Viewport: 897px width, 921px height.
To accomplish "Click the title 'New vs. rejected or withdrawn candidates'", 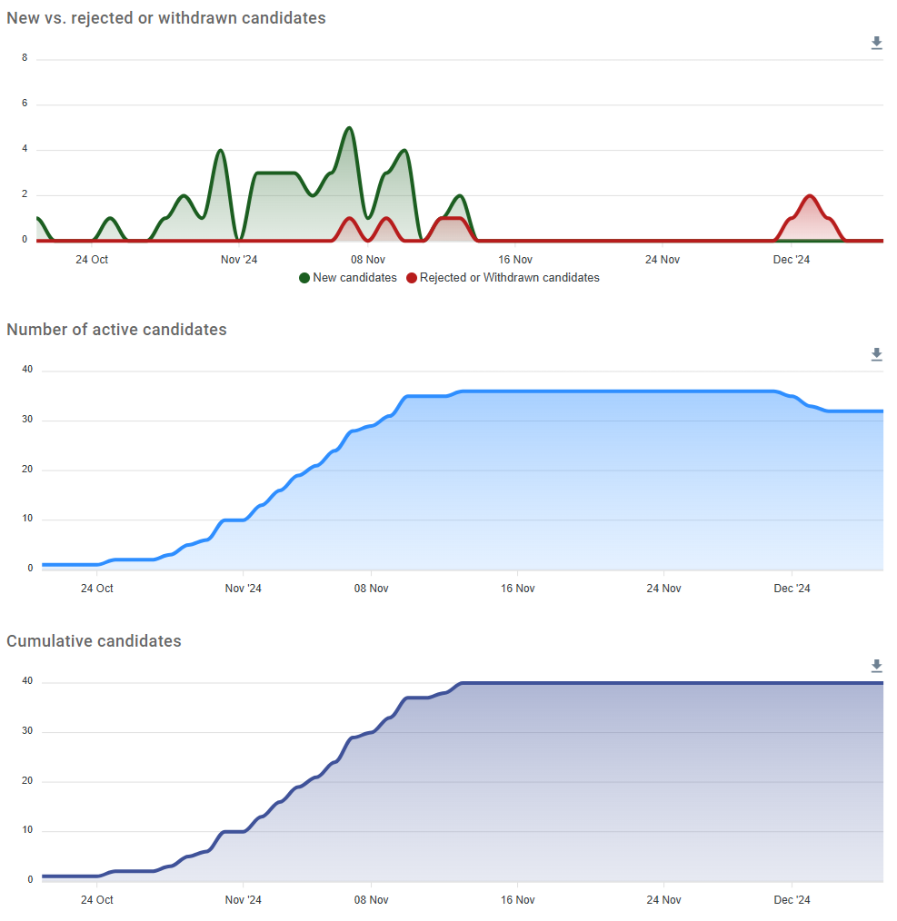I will (x=166, y=18).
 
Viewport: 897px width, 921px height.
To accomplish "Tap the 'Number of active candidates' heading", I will (x=116, y=330).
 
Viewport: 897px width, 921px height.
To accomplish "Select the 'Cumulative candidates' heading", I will (x=94, y=641).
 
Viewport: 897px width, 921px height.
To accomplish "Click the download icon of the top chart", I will (x=876, y=43).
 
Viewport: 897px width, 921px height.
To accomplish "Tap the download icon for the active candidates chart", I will (x=876, y=354).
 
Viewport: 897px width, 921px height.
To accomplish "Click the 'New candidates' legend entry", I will (x=348, y=278).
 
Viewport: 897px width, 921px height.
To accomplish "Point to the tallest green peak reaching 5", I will (x=349, y=128).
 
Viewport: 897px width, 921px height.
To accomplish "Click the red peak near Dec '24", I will (x=809, y=196).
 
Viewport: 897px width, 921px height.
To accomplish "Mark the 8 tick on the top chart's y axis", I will (x=25, y=58).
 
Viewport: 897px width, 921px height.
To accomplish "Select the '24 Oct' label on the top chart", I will (x=92, y=260).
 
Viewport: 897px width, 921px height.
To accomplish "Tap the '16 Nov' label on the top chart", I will (x=515, y=260).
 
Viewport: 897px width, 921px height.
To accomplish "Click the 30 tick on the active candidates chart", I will (x=27, y=420).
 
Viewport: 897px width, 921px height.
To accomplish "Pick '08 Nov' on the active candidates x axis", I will (x=371, y=589).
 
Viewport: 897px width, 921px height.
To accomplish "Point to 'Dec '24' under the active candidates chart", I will (x=792, y=589).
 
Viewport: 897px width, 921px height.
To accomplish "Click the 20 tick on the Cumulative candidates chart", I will (x=27, y=781).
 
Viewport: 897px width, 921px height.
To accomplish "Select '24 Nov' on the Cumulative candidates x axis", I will (x=663, y=900).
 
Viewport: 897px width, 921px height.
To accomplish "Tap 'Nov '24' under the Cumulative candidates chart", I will (x=243, y=900).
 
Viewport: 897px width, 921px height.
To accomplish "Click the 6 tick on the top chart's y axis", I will (x=25, y=104).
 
